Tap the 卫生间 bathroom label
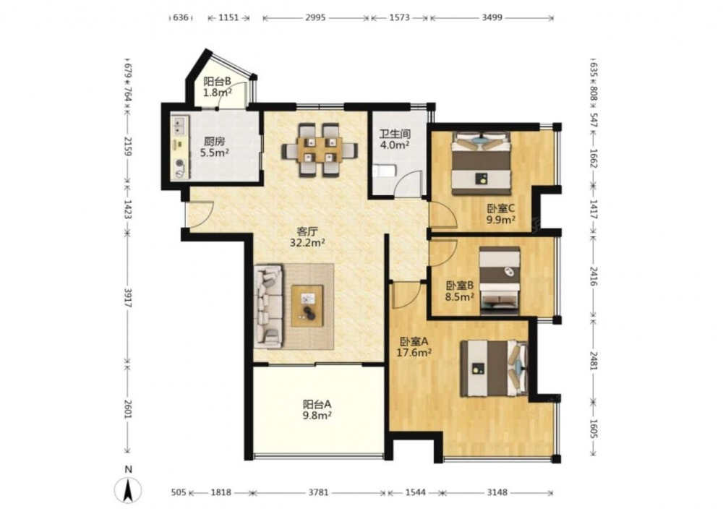coord(395,134)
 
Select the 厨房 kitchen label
coord(215,142)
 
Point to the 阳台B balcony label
coord(217,82)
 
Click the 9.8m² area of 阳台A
coord(317,416)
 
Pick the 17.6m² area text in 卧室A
coord(414,353)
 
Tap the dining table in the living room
coord(320,150)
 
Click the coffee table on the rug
coord(307,306)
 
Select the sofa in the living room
coord(268,306)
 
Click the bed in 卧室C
coord(482,163)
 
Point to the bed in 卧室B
coord(500,280)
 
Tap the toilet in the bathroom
coord(385,171)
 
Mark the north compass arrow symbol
coord(129,490)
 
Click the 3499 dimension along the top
coord(492,18)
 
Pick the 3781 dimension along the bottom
coord(318,492)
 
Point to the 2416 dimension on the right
coord(594,276)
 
